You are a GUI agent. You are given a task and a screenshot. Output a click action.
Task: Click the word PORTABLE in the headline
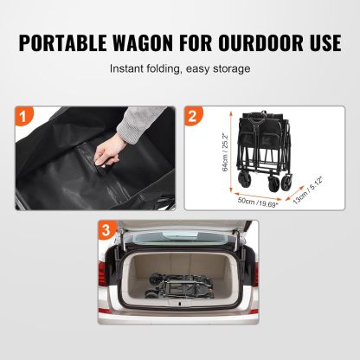62,43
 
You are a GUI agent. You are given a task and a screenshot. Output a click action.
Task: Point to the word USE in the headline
323,43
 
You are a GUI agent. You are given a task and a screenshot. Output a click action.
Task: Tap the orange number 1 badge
24,116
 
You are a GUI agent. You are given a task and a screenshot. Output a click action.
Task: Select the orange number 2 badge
194,116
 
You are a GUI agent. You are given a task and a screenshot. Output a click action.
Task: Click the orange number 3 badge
106,230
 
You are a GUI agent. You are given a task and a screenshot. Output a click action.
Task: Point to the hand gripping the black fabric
106,151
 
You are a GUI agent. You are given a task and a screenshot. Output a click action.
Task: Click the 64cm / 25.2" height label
225,152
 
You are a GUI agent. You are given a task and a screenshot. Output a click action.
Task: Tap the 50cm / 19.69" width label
258,202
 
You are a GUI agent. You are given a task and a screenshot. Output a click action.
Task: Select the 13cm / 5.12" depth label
307,190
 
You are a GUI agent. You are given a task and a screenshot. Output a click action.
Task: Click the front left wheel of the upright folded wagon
244,180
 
